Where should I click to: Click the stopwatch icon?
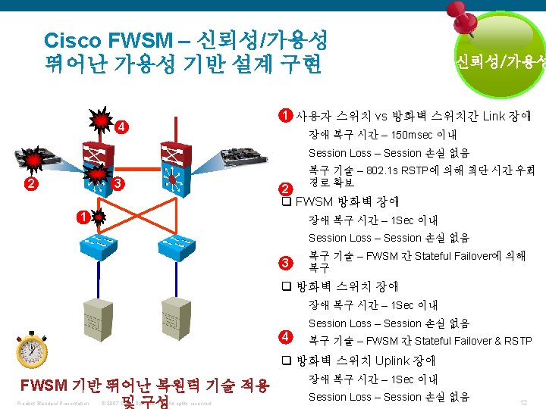32,350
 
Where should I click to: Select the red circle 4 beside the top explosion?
121,126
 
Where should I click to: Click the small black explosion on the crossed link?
97,218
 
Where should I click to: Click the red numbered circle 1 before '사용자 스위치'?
284,116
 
